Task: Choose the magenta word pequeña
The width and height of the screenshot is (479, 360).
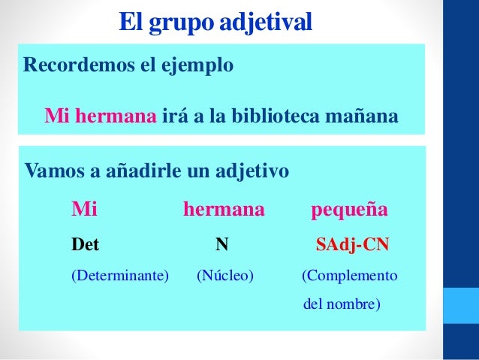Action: [350, 209]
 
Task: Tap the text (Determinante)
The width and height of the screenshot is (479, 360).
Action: [120, 276]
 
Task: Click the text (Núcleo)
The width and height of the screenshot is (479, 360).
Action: [225, 276]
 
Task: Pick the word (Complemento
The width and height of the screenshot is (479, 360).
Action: [350, 276]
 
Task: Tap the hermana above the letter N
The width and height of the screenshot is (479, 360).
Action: [224, 209]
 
